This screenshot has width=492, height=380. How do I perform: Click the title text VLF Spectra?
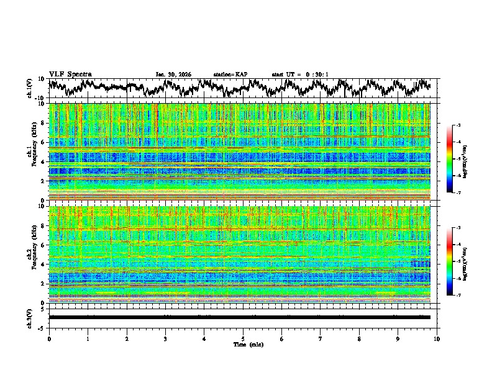click(70, 74)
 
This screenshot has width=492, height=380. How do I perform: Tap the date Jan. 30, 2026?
click(173, 75)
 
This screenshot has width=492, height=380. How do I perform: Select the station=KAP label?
click(230, 75)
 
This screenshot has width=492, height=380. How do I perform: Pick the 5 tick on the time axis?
click(243, 338)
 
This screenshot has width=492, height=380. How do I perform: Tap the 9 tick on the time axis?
click(398, 338)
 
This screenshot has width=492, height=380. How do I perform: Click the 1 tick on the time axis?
click(88, 338)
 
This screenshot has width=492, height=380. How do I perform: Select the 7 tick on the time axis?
click(321, 338)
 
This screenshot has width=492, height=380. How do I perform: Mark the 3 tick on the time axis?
click(165, 338)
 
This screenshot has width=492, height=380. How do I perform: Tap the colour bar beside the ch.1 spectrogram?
click(457, 159)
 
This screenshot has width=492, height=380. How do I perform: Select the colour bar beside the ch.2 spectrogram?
click(457, 261)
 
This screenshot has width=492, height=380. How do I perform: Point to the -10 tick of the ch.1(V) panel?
click(40, 98)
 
